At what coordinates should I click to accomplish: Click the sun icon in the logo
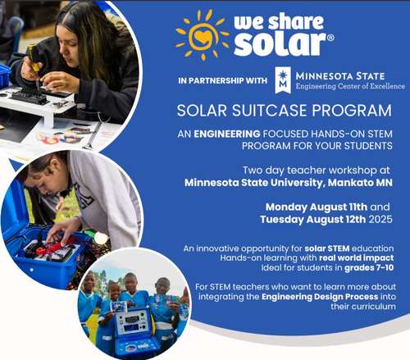point(201,34)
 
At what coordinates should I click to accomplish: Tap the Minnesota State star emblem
point(282,79)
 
